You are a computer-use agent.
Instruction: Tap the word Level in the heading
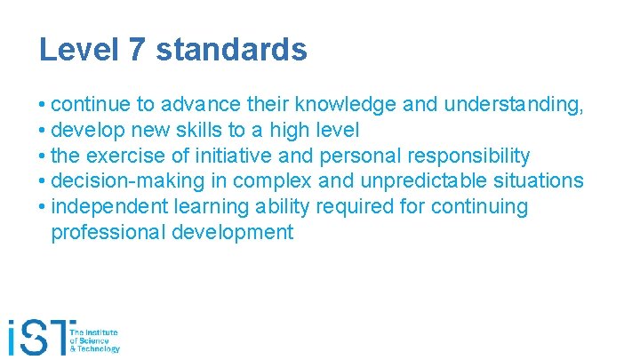coord(78,49)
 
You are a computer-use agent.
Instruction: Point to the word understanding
coord(513,105)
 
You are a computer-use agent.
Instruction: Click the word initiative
coord(236,156)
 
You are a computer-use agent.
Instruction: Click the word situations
coord(540,181)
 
